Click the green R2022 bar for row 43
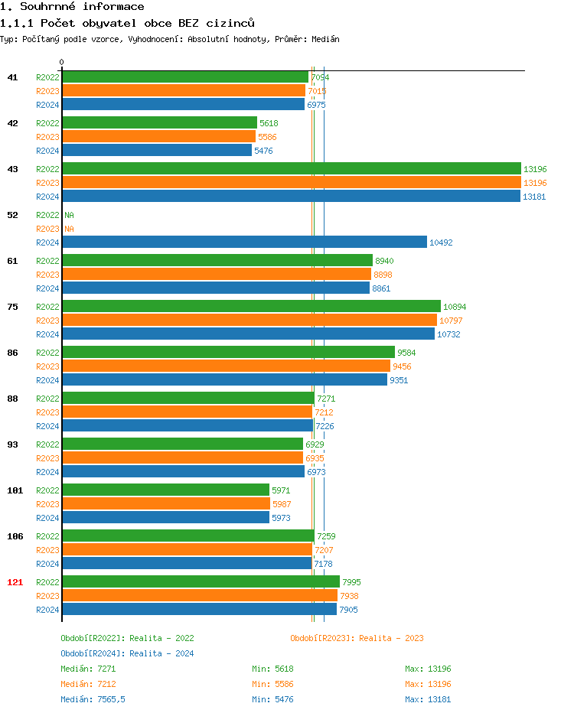click(291, 169)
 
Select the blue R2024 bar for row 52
click(244, 243)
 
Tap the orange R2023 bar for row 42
click(158, 137)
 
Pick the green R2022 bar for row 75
click(251, 307)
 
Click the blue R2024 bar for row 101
click(165, 518)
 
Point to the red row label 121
click(15, 582)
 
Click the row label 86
click(12, 353)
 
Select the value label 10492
click(441, 243)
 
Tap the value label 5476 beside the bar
click(263, 151)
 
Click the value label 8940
click(384, 261)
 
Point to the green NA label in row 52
click(69, 215)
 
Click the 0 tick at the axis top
click(62, 63)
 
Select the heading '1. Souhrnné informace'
click(73, 7)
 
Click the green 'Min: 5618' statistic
click(272, 669)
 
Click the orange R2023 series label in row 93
click(47, 458)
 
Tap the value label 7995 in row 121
click(351, 582)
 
